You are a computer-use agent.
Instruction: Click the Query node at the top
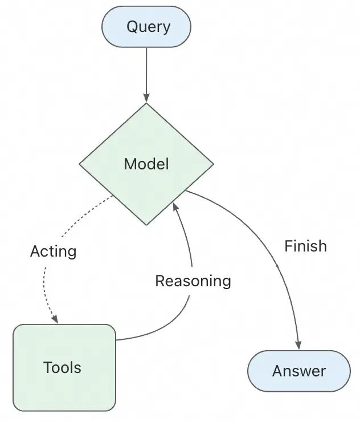coord(146,27)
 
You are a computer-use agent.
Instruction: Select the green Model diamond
coord(146,164)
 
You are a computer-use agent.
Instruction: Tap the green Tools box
coord(64,367)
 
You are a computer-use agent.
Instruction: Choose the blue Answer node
coord(298,371)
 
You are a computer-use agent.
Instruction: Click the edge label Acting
coord(53,251)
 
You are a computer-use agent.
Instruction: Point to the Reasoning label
coord(193,281)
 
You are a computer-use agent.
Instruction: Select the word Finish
coord(305,246)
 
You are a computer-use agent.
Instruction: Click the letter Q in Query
coord(132,27)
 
